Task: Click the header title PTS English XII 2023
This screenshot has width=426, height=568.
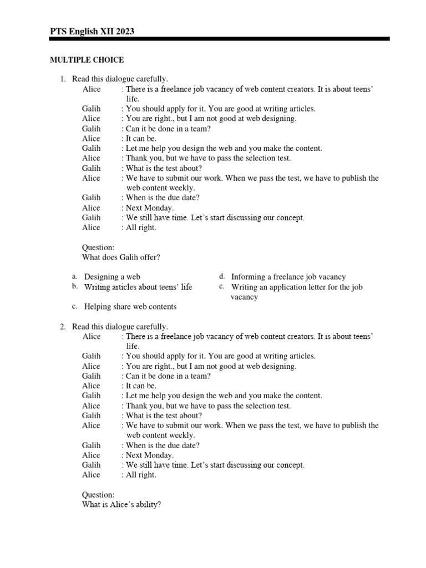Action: click(92, 32)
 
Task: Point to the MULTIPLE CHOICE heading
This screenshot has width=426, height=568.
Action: click(87, 59)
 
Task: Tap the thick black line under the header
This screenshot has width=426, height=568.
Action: click(220, 39)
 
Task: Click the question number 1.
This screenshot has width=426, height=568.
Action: click(63, 79)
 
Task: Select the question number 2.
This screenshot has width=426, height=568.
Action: click(63, 327)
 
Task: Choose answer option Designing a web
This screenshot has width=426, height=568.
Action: click(112, 276)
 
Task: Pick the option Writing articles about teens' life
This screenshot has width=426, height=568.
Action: click(138, 287)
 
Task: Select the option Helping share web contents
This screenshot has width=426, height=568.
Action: click(130, 306)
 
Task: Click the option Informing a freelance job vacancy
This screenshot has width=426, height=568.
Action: click(288, 276)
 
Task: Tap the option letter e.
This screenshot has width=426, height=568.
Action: click(221, 286)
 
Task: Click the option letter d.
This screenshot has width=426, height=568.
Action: click(221, 276)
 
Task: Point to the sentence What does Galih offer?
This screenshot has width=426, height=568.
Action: click(121, 257)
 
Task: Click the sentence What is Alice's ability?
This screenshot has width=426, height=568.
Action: click(121, 504)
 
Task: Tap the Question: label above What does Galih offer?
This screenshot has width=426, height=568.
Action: click(98, 247)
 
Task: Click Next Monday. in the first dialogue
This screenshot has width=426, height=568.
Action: click(150, 208)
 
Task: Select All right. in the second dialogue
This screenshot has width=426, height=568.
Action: click(141, 475)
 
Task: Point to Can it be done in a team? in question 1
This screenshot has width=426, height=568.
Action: click(168, 129)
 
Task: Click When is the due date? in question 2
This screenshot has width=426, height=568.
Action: click(163, 445)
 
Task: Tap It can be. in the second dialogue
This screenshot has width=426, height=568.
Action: click(141, 386)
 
